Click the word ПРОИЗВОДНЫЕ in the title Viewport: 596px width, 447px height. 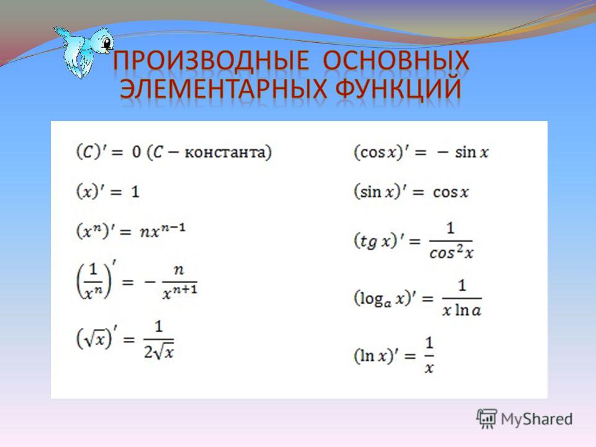pyautogui.click(x=211, y=60)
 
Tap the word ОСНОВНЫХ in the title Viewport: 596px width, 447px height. pyautogui.click(x=396, y=60)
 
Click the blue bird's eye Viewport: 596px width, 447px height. pyautogui.click(x=107, y=42)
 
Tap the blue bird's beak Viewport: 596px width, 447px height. pyautogui.click(x=109, y=48)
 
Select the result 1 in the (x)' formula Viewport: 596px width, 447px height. pyautogui.click(x=135, y=192)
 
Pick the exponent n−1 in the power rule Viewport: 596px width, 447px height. pyautogui.click(x=173, y=228)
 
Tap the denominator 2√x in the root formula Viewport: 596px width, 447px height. pyautogui.click(x=158, y=351)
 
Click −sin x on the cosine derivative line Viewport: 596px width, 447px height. pyautogui.click(x=463, y=153)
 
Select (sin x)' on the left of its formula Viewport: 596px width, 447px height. pyautogui.click(x=379, y=191)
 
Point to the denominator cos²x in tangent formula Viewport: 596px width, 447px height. pyautogui.click(x=451, y=252)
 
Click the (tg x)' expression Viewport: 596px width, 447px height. pyautogui.click(x=376, y=241)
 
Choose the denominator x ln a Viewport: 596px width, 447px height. pyautogui.click(x=462, y=310)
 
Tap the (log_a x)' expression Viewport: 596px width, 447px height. pyautogui.click(x=384, y=299)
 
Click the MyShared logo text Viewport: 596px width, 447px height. pyautogui.click(x=536, y=419)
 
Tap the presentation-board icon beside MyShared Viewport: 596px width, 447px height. pyautogui.click(x=487, y=419)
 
